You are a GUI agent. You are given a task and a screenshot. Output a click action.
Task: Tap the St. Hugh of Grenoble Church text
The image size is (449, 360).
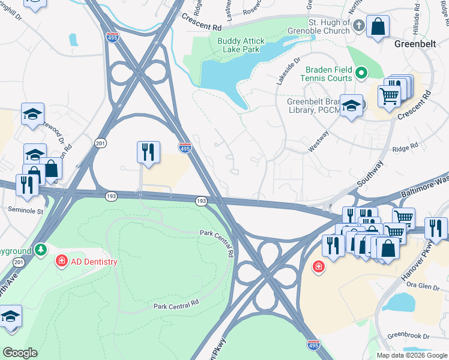click(x=328, y=26)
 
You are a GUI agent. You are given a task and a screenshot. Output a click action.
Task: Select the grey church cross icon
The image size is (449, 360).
click(x=358, y=26)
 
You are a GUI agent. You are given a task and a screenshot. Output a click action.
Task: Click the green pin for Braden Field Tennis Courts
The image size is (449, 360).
click(x=361, y=74)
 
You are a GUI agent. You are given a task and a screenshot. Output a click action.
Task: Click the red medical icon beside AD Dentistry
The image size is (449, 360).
click(x=61, y=261)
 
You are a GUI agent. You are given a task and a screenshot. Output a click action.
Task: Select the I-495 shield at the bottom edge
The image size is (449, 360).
click(x=313, y=345)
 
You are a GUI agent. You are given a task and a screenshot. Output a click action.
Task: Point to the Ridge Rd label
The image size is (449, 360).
click(x=405, y=148)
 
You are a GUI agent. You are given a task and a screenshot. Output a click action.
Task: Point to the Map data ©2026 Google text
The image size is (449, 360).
click(x=412, y=355)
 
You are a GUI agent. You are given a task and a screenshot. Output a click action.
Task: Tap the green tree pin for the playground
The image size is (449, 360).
click(x=40, y=249)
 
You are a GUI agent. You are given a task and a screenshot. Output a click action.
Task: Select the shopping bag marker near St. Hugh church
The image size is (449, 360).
click(x=378, y=26)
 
